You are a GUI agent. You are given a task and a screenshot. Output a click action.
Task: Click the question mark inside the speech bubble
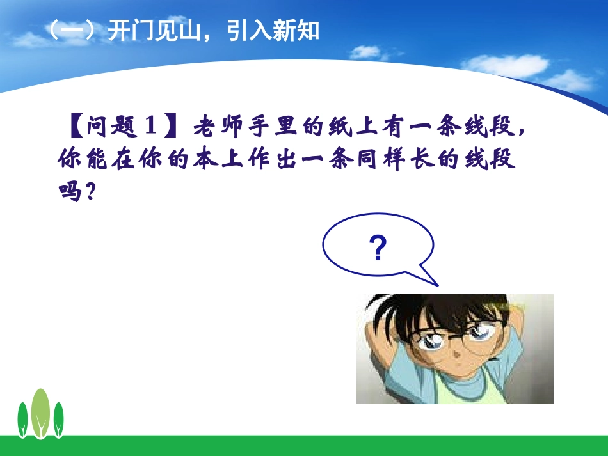click(x=378, y=248)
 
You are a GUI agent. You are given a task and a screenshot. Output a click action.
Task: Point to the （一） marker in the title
click(x=72, y=31)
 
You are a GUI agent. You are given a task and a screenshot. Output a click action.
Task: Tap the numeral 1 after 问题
click(x=150, y=127)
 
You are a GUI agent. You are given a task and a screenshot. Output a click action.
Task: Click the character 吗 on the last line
click(x=68, y=192)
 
